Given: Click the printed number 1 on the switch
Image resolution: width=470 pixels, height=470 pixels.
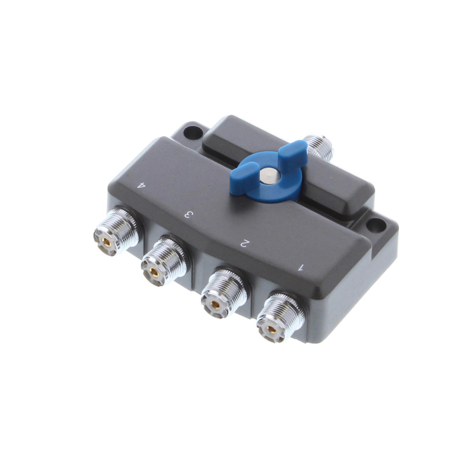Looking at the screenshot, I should tap(301, 267).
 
